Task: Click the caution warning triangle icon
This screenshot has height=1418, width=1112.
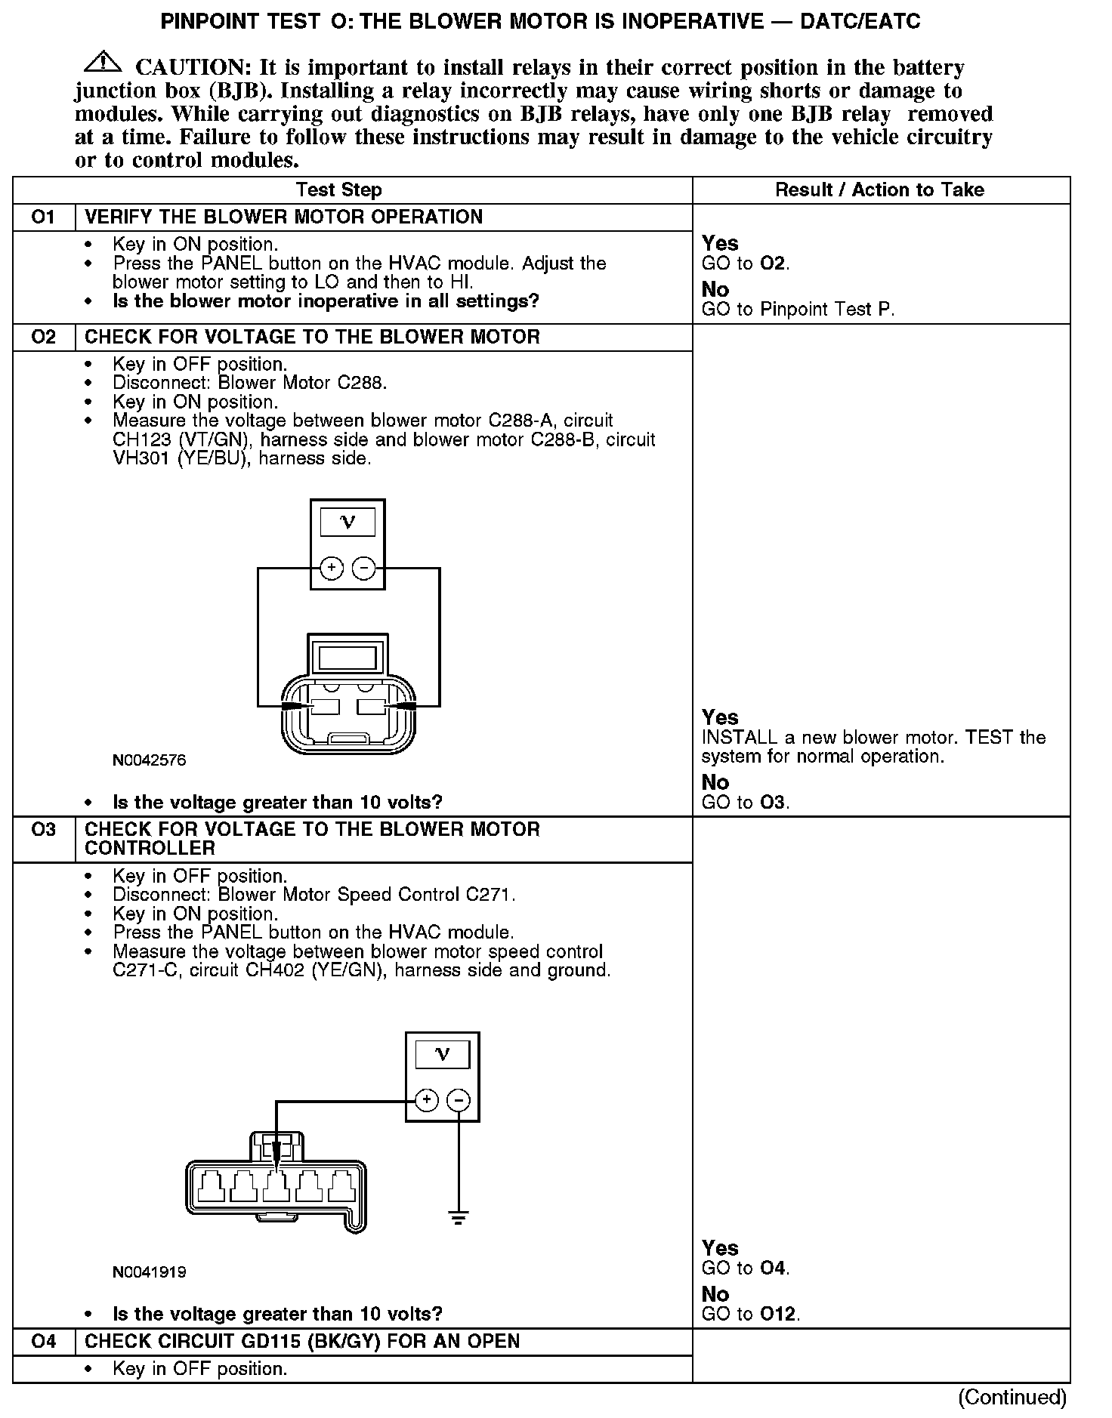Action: (103, 63)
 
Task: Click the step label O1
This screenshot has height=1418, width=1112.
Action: (44, 217)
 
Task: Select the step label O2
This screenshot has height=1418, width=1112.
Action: (44, 337)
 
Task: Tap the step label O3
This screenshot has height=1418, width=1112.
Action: (44, 830)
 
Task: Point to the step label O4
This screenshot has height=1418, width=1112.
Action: (44, 1341)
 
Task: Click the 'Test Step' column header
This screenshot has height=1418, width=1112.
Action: (339, 190)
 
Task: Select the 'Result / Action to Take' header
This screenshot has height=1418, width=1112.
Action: (880, 190)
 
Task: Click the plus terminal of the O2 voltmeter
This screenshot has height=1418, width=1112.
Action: (332, 568)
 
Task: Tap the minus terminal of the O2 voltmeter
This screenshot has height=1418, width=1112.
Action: (364, 568)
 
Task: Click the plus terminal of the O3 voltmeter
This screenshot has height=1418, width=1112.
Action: (427, 1100)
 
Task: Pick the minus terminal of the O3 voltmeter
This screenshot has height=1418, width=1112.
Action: (459, 1100)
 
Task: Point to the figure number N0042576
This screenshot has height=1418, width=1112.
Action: (149, 760)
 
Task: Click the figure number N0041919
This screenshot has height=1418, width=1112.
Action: (149, 1272)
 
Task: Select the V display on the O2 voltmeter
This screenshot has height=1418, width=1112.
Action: (347, 523)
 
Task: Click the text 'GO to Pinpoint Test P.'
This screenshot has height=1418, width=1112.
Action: (798, 310)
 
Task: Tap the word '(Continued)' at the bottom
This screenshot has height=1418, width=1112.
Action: (1012, 1397)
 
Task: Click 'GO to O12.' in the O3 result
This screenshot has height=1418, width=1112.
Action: (750, 1314)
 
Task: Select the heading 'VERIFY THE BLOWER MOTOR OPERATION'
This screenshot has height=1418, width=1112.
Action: (283, 217)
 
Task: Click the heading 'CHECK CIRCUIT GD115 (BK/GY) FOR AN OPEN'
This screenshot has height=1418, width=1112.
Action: (302, 1341)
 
